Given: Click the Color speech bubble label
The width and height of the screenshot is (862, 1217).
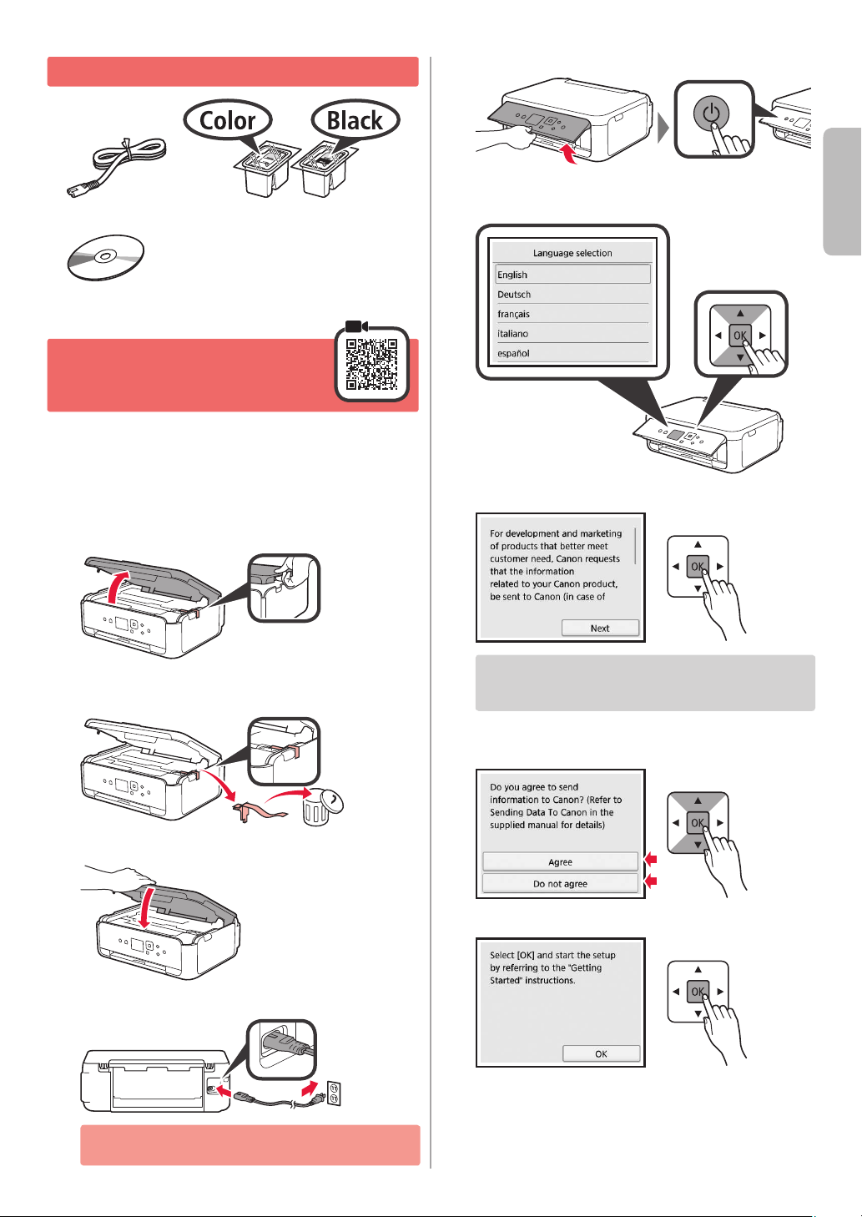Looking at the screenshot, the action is [x=228, y=120].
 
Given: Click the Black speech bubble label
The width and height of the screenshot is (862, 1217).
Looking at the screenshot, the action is [x=355, y=120].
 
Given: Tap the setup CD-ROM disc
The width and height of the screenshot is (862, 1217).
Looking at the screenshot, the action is [x=105, y=258].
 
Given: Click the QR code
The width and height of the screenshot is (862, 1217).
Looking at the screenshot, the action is [x=372, y=364].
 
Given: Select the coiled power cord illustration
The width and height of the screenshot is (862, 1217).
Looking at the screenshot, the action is [x=117, y=167].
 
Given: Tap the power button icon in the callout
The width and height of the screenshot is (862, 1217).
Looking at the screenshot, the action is [x=711, y=114].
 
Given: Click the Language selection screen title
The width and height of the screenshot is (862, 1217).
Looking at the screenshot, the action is [x=572, y=253].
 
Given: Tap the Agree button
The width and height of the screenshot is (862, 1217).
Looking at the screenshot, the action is [x=560, y=861].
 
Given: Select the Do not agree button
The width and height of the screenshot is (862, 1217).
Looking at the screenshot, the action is [x=560, y=883].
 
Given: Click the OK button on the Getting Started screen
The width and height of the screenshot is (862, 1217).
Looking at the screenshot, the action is [x=601, y=1053].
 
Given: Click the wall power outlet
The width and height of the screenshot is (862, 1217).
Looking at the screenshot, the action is [x=334, y=1093].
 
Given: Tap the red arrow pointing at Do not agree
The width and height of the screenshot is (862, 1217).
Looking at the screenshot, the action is [x=650, y=881].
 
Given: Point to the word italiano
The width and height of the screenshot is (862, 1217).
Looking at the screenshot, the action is [x=512, y=334].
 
